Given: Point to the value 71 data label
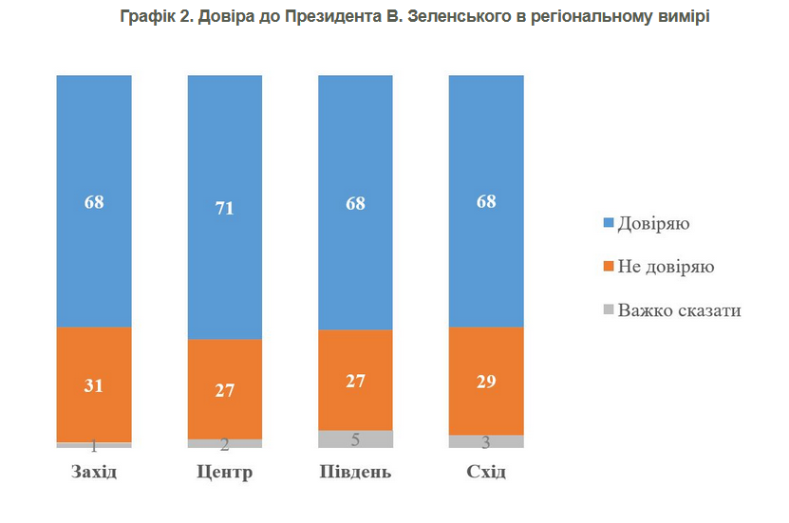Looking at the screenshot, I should click(x=225, y=209).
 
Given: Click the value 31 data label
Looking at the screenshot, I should click(x=94, y=385).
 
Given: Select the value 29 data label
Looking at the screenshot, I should click(x=486, y=382).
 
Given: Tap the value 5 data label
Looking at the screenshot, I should click(x=355, y=439).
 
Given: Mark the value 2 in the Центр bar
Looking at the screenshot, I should click(x=225, y=444).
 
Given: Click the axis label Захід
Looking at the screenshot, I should click(x=94, y=472).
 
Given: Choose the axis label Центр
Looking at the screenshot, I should click(x=225, y=472).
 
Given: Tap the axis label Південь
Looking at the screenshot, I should click(x=355, y=472).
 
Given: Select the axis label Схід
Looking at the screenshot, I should click(x=486, y=472).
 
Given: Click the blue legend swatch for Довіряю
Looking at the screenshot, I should click(x=608, y=225).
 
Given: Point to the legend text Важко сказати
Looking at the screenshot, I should click(x=679, y=310).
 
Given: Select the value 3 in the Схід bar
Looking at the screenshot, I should click(x=486, y=441).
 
